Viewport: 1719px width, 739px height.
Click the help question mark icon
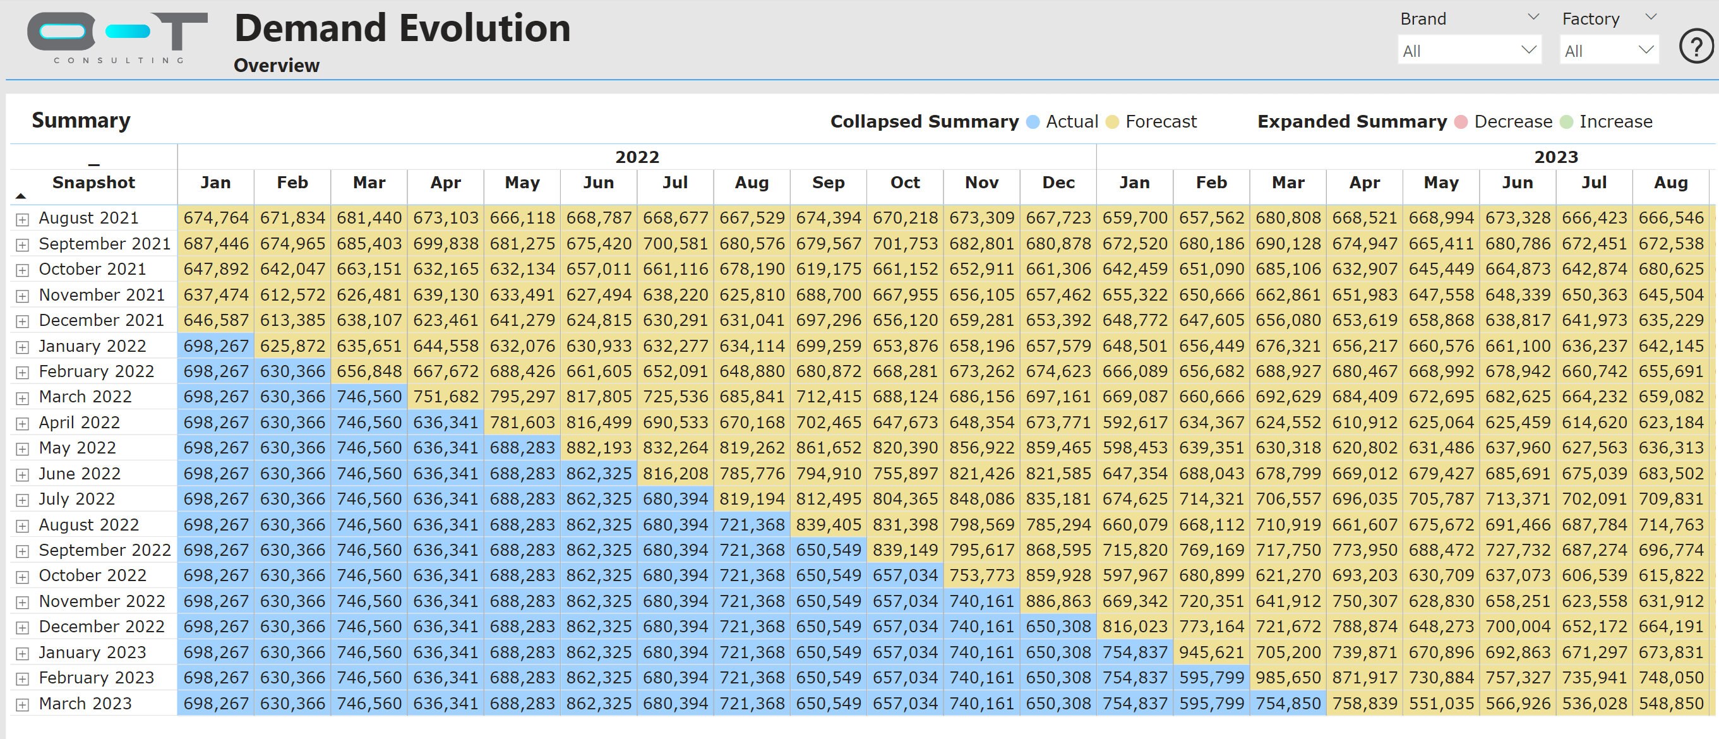pos(1696,47)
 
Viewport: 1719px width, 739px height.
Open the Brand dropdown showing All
pos(1469,51)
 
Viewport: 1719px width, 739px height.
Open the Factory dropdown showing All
pos(1608,51)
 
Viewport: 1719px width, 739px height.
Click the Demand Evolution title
pos(402,28)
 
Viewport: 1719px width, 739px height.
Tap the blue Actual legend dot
pos(1033,122)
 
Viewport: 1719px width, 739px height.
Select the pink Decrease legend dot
pos(1461,122)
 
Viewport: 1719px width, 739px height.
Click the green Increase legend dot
pos(1566,122)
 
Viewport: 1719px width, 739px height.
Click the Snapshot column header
pos(93,183)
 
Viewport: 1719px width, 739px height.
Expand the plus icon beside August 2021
pos(23,219)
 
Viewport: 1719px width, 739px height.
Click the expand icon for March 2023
pos(23,704)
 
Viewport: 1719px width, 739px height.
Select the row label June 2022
pos(80,473)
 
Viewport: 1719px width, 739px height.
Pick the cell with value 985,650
pos(1288,678)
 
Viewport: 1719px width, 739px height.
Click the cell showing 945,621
pos(1211,652)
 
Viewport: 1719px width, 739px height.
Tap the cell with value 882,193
pos(599,448)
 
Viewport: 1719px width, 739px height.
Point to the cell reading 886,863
pos(1058,601)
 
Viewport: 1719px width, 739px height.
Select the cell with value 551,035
pos(1440,704)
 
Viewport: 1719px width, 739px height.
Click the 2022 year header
pos(637,157)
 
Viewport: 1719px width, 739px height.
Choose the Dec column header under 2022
pos(1058,183)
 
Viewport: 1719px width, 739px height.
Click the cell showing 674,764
pos(215,218)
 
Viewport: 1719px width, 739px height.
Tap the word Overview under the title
pos(276,66)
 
